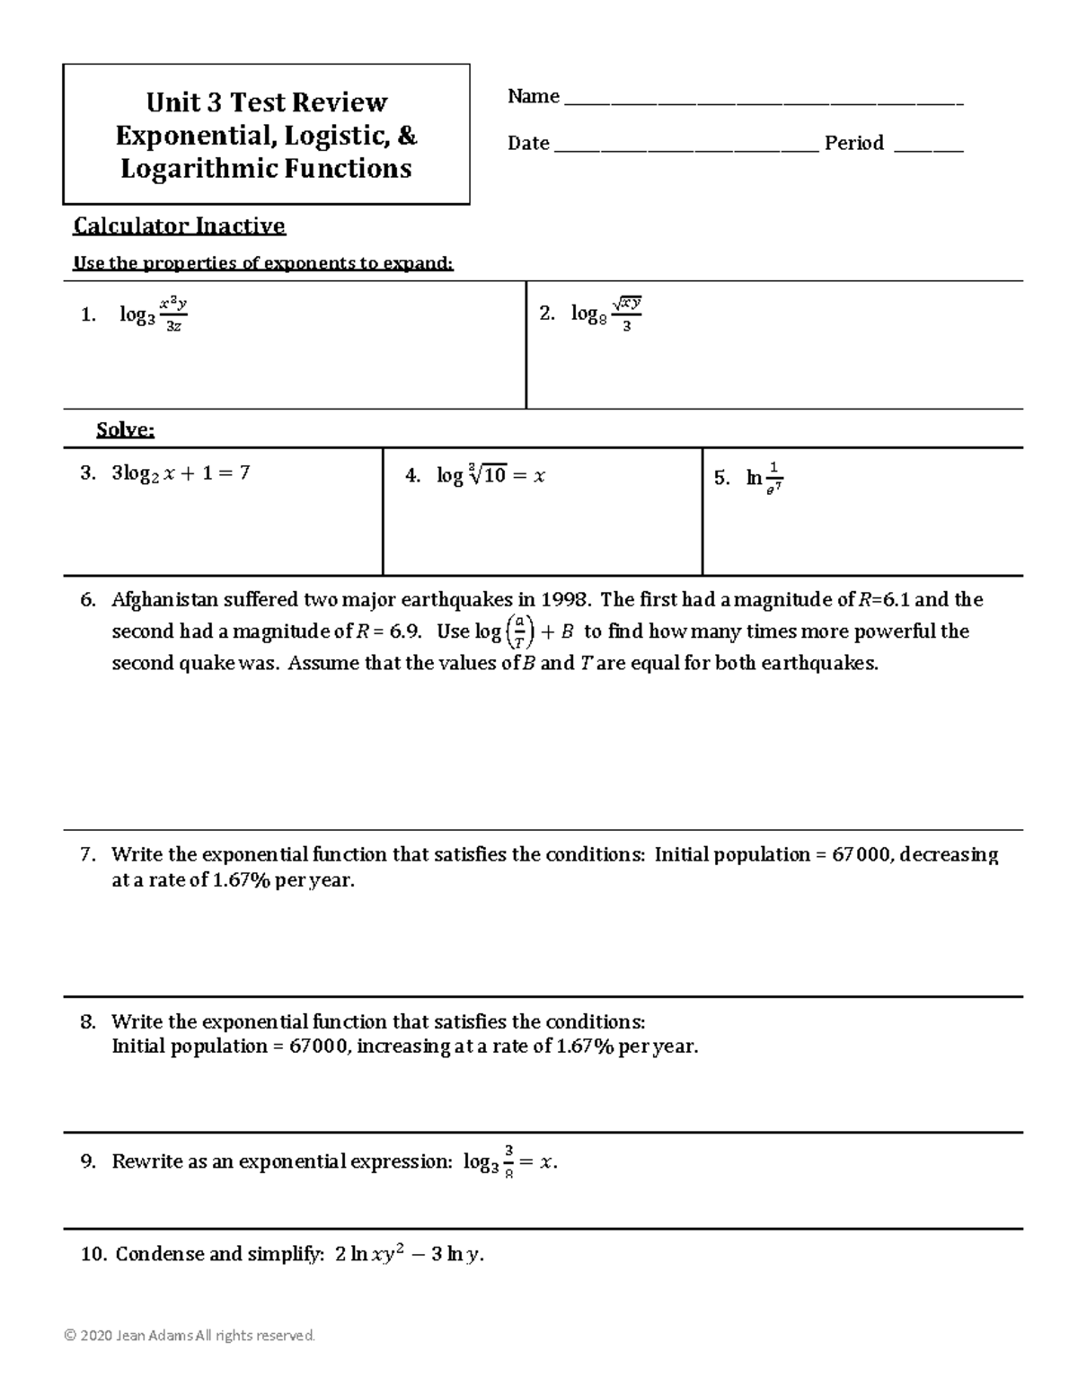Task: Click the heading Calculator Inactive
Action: click(x=179, y=225)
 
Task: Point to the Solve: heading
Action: click(x=125, y=430)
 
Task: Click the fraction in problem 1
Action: click(x=173, y=314)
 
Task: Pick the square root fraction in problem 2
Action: click(x=626, y=313)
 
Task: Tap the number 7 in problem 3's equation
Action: click(x=243, y=472)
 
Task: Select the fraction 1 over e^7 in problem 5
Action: click(x=774, y=478)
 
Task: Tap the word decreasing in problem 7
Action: click(x=949, y=854)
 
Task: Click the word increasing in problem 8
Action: click(x=402, y=1046)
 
